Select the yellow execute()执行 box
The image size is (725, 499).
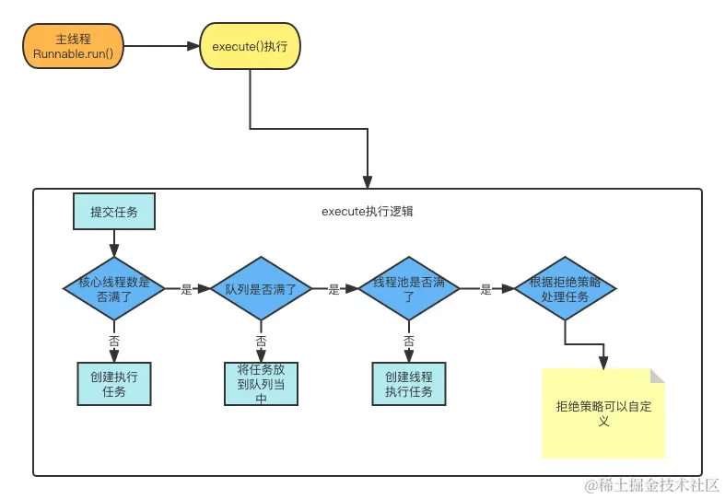coord(250,45)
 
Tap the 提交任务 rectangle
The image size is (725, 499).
coord(114,212)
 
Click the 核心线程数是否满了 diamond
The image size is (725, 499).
coord(114,289)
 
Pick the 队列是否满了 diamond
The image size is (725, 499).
coord(261,289)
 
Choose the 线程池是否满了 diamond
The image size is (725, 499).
coord(408,289)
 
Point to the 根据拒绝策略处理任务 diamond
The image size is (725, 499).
coord(565,289)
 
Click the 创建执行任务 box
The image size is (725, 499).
coord(114,384)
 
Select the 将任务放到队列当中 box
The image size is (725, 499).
coord(261,384)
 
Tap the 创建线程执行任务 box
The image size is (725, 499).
coord(408,384)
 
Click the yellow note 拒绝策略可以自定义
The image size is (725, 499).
coord(603,413)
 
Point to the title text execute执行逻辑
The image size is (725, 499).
coord(367,212)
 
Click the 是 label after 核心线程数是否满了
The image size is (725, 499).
coord(186,289)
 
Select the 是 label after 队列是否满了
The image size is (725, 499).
coord(333,289)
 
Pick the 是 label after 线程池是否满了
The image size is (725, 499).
coord(485,289)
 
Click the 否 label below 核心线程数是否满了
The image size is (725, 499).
coord(114,341)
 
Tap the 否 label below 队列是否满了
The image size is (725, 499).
coord(261,341)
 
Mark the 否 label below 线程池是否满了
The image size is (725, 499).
coord(408,341)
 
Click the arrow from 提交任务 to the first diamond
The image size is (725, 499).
coord(114,242)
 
